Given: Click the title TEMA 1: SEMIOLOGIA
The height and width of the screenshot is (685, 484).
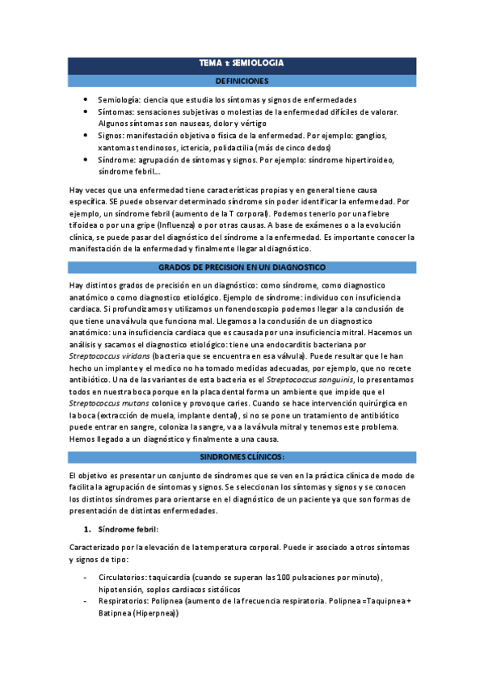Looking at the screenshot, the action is tap(242, 63).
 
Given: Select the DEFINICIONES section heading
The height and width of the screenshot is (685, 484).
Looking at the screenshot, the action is tap(242, 81).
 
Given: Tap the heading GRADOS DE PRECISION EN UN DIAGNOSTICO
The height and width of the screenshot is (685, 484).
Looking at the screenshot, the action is tap(242, 267).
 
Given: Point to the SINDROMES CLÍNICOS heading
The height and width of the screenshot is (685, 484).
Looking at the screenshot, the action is tap(242, 457).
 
